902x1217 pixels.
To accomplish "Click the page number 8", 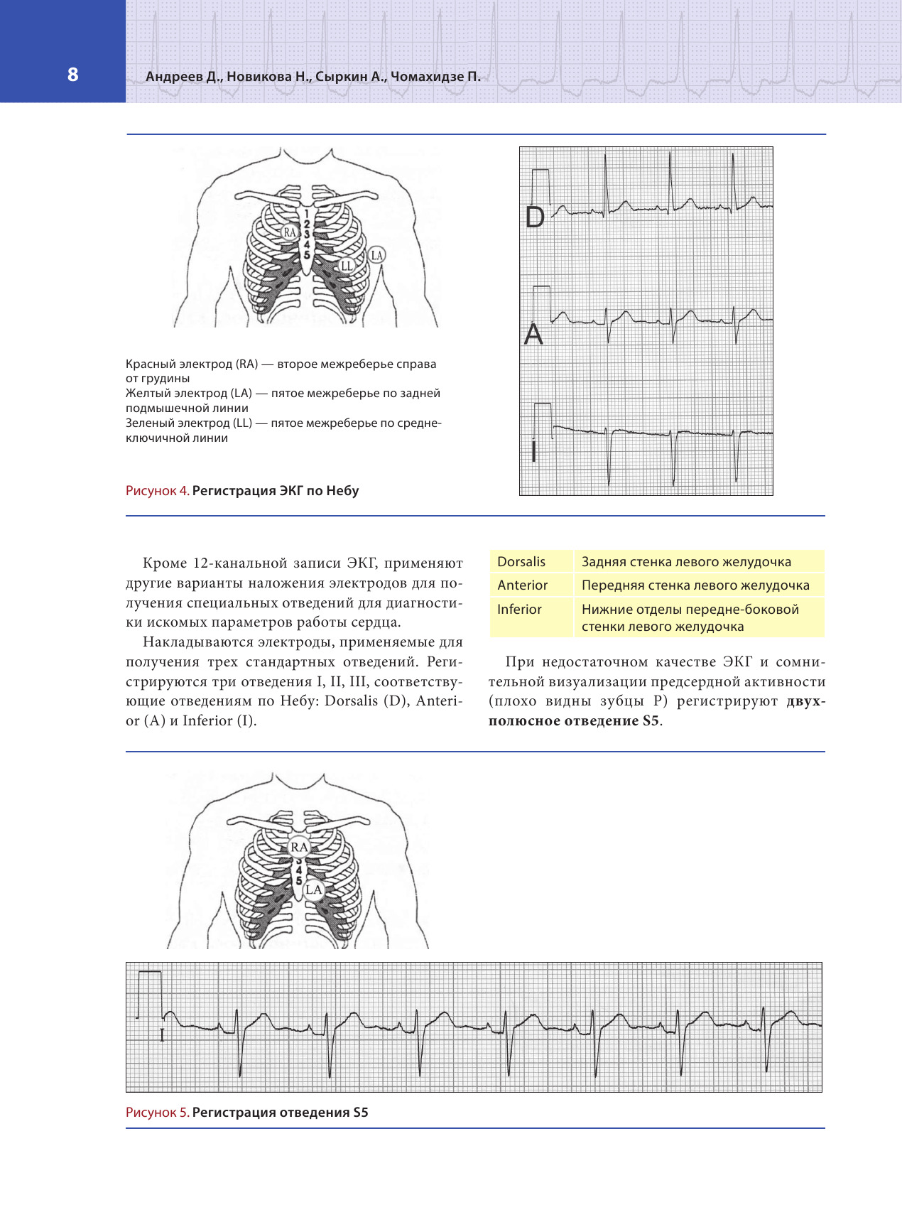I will click(72, 75).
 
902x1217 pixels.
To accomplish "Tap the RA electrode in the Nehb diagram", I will click(289, 232).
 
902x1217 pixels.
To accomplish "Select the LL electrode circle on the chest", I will click(346, 266).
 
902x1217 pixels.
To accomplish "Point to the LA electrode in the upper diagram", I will click(376, 255).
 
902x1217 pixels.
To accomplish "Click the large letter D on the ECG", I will click(535, 217).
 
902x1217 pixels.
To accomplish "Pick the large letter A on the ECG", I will click(533, 334).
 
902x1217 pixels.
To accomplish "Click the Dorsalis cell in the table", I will click(521, 561).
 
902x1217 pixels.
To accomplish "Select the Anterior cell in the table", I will click(522, 585).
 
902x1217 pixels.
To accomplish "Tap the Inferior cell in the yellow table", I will click(519, 609).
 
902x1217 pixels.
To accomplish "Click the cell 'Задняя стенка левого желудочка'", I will click(686, 561).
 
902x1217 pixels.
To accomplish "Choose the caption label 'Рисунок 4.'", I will click(157, 490).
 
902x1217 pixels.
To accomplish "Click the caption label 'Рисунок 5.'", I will click(157, 1112).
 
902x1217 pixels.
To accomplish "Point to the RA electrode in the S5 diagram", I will click(299, 847).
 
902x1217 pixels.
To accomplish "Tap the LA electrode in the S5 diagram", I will click(313, 889).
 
